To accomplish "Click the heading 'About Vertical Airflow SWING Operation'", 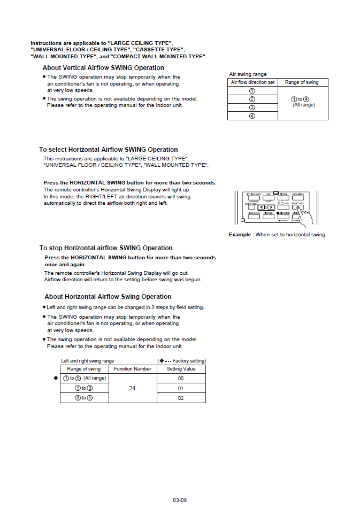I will click(x=103, y=68).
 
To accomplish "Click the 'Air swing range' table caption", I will click(x=248, y=74).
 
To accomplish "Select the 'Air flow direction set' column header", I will click(x=252, y=82).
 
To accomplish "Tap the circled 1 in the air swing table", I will click(x=252, y=91).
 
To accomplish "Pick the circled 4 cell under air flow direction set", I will click(x=252, y=116).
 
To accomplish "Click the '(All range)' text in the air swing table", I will click(x=303, y=105).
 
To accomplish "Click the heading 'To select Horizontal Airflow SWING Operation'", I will click(x=108, y=150).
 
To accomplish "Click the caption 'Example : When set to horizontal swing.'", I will click(x=277, y=235).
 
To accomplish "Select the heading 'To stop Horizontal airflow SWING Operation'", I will click(x=106, y=248).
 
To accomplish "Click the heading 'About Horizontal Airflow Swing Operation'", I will click(x=108, y=297).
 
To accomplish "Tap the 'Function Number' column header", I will click(x=133, y=369).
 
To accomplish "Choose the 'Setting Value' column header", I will click(x=181, y=369).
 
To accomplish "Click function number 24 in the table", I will click(x=133, y=388).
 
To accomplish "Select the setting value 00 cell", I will click(x=181, y=379).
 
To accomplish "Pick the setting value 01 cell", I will click(x=181, y=389).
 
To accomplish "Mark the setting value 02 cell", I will click(x=181, y=398).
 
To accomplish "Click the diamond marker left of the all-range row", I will click(x=56, y=378).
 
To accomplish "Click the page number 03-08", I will click(x=180, y=500).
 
